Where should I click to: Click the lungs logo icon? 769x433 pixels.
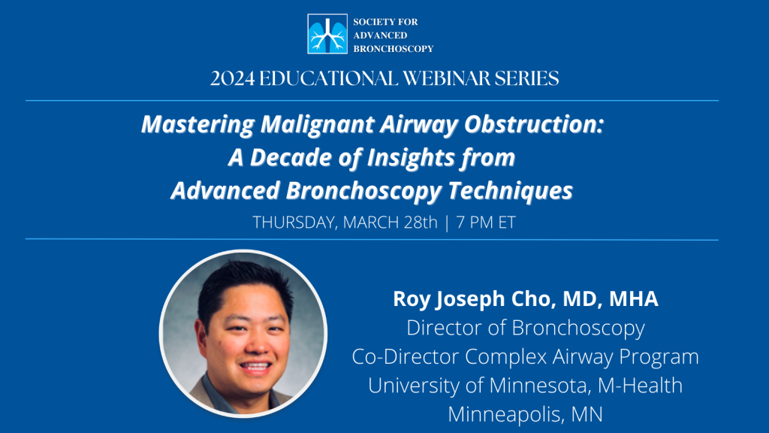tap(327, 33)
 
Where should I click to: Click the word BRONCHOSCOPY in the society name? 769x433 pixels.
tap(394, 49)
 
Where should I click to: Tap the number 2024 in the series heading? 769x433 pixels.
tap(233, 78)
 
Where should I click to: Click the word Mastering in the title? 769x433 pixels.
tap(198, 125)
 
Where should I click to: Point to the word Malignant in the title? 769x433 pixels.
tap(318, 125)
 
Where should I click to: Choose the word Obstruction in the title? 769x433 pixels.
tap(534, 124)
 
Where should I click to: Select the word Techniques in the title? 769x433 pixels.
tap(510, 190)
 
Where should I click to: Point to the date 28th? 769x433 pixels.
tap(421, 223)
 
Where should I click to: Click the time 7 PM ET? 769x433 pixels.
tap(486, 223)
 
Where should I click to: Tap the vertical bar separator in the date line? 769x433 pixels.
tap(447, 223)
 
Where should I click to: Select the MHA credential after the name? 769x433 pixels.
tap(634, 298)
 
